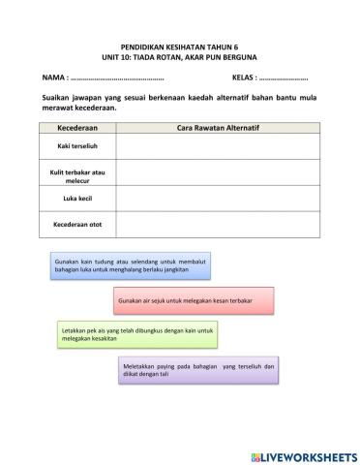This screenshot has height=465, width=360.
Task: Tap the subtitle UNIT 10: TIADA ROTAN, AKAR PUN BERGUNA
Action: (179, 57)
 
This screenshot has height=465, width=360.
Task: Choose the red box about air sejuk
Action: (193, 301)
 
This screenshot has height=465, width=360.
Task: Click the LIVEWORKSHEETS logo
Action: (303, 455)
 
